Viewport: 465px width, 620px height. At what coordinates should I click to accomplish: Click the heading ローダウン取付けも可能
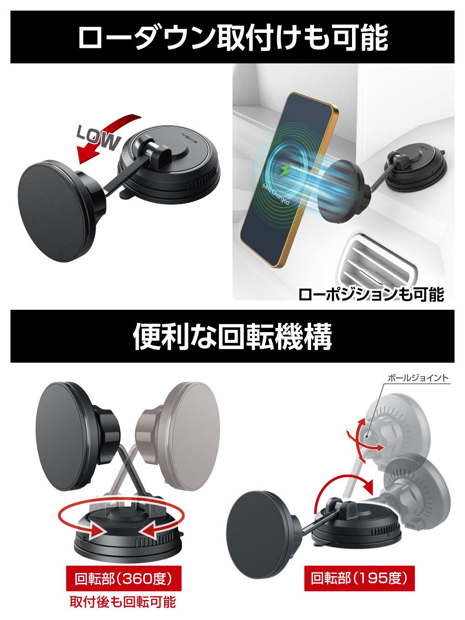tap(232, 37)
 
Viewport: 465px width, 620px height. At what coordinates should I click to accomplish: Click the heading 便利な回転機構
tap(232, 336)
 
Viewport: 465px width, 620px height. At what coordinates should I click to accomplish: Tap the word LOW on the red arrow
tap(99, 138)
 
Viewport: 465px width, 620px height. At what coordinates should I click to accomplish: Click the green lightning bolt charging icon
tap(286, 170)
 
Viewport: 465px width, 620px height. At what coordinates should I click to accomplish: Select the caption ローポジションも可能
tap(371, 294)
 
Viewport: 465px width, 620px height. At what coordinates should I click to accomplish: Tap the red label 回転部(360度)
tap(124, 578)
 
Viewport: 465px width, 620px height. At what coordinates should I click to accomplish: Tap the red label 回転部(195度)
tap(359, 578)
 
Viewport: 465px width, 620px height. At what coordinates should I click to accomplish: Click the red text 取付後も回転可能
tap(123, 602)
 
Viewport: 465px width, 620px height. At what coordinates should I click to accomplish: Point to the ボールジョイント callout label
tap(418, 378)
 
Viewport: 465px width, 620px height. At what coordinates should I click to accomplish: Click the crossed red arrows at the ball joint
tap(365, 441)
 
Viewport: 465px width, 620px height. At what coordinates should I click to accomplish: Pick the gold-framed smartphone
tap(289, 180)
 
